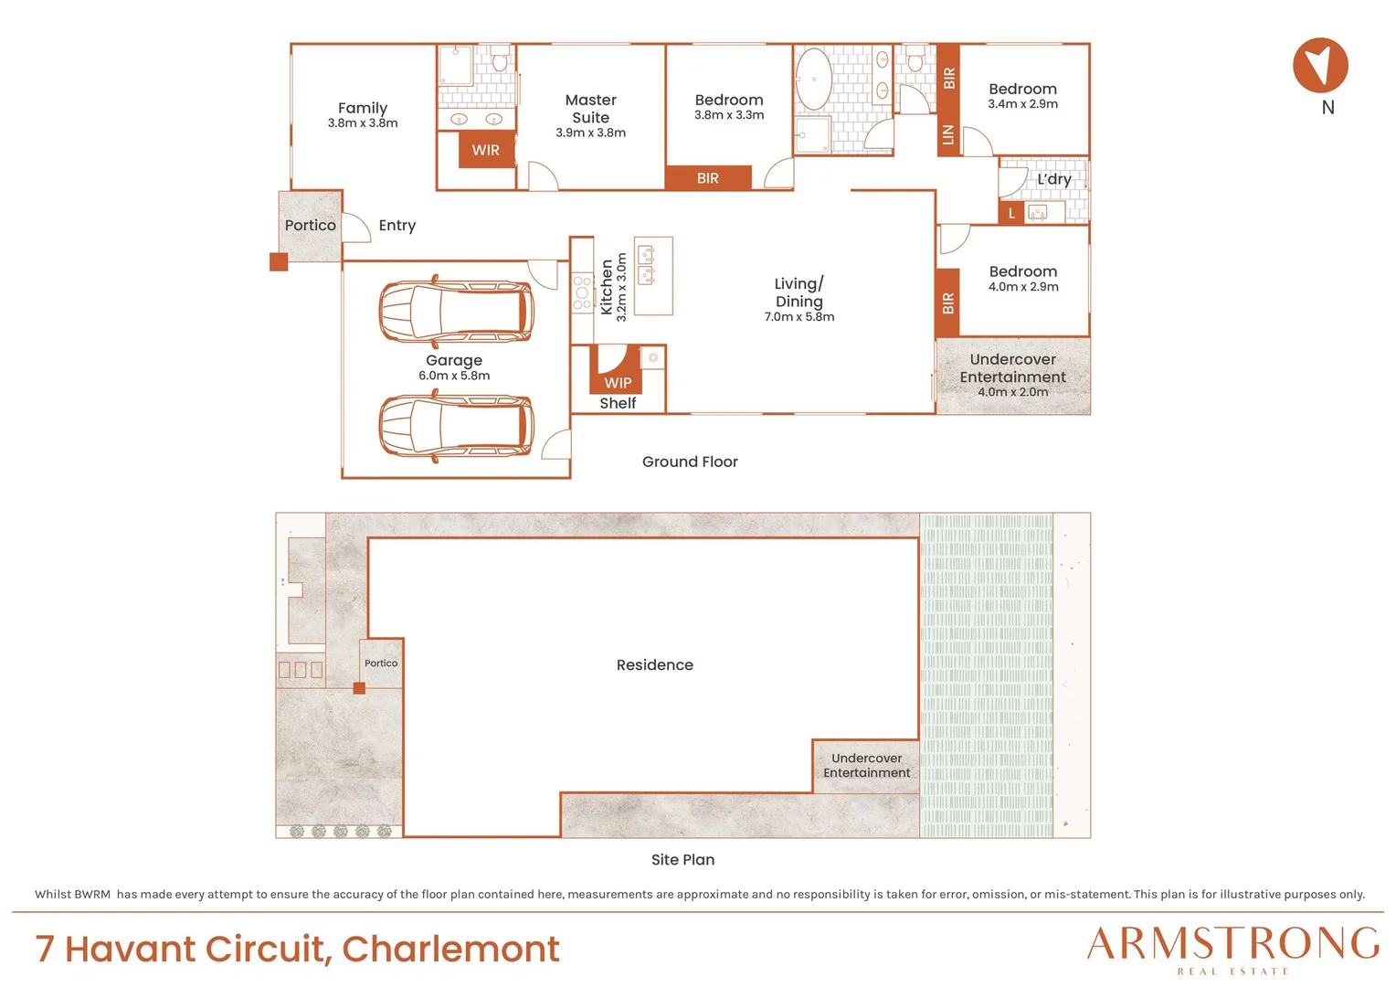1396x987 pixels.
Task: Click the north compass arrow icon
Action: click(x=1320, y=65)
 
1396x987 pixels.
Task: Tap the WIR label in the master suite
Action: click(x=485, y=150)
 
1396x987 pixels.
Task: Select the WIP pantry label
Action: click(x=618, y=383)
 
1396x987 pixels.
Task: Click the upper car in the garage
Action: click(x=456, y=311)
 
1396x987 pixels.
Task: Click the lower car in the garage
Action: click(x=456, y=426)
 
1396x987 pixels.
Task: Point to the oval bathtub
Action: click(x=813, y=80)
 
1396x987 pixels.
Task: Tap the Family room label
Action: click(x=363, y=108)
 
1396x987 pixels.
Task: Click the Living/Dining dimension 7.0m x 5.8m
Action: click(x=799, y=317)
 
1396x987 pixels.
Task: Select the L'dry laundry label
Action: click(x=1054, y=179)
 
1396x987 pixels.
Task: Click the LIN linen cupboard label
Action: click(x=948, y=134)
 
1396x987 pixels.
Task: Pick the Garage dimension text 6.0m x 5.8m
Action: click(x=454, y=376)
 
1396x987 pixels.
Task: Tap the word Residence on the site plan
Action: click(x=654, y=664)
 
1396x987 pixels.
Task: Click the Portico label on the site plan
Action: click(x=381, y=663)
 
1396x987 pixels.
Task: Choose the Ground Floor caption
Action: click(x=690, y=462)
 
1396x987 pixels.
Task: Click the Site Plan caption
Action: click(x=682, y=859)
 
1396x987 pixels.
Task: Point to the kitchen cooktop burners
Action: click(x=582, y=292)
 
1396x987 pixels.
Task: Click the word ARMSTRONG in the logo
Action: click(x=1232, y=944)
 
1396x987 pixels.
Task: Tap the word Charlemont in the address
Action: click(x=450, y=949)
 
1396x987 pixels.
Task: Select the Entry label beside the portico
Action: click(x=397, y=226)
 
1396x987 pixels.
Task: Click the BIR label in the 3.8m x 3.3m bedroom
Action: click(x=707, y=178)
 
